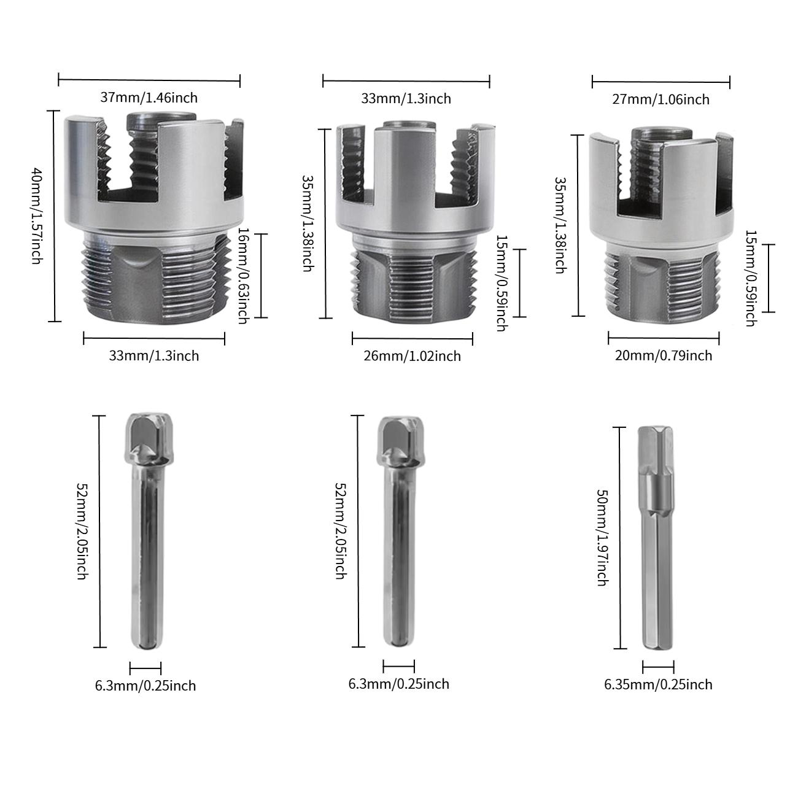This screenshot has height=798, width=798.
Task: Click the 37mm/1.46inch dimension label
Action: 149,97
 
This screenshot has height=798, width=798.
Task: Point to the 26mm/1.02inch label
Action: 413,356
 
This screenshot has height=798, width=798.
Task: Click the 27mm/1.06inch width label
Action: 662,99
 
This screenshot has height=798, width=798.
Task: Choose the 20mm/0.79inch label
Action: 664,355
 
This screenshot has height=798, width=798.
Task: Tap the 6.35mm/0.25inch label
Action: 659,684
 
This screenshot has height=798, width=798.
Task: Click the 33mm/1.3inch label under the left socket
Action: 154,355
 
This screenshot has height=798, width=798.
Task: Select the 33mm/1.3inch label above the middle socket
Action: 406,98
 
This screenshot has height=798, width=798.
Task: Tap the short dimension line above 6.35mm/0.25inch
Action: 658,667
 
